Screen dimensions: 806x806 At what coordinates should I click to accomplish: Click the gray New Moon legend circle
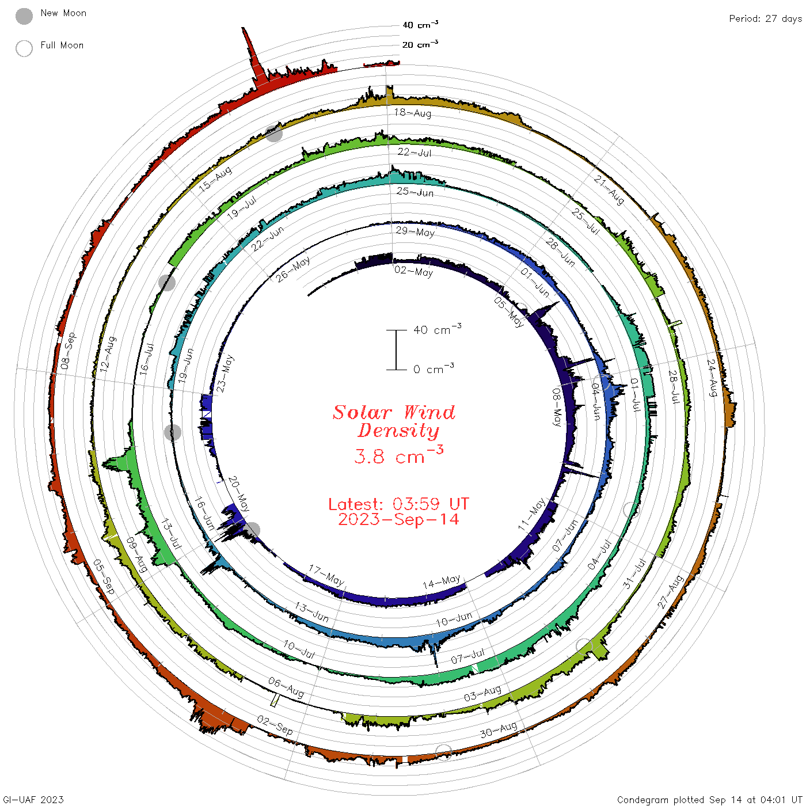point(24,16)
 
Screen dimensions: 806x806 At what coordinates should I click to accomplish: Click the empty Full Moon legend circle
point(24,48)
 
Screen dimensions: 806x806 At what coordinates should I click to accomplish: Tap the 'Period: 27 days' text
point(765,19)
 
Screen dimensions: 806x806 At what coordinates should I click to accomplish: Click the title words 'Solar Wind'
point(394,412)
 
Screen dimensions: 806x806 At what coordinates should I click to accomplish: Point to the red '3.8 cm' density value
point(390,457)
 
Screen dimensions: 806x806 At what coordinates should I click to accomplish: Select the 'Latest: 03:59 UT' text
point(398,504)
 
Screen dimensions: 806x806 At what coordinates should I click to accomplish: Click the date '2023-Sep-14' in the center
point(398,519)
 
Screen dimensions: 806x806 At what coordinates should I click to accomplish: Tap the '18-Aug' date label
point(412,112)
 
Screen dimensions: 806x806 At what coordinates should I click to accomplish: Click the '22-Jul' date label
point(414,152)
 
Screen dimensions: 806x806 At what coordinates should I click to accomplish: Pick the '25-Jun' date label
point(415,192)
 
